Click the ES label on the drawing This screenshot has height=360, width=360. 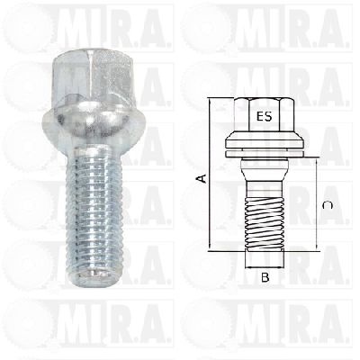click(x=265, y=116)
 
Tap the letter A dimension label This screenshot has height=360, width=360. click(x=202, y=178)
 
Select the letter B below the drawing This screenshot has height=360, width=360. click(x=265, y=277)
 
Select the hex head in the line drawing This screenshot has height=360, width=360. click(x=265, y=115)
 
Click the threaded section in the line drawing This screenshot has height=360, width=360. click(x=265, y=224)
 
